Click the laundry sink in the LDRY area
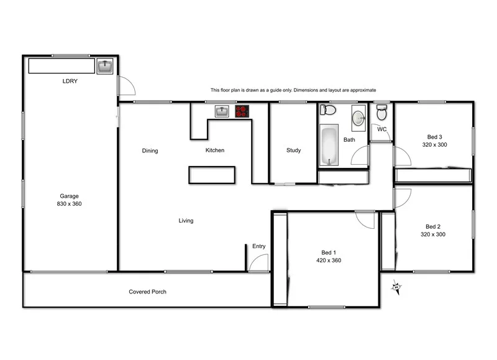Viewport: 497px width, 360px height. [104, 65]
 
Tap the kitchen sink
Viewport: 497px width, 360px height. [222, 111]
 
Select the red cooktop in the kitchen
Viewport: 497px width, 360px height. [242, 111]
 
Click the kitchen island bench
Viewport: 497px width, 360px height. [212, 175]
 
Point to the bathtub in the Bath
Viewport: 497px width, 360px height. [328, 145]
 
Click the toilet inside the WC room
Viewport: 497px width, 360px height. [381, 113]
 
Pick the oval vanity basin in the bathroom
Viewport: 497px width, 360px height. [358, 117]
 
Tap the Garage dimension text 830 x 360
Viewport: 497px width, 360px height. [70, 204]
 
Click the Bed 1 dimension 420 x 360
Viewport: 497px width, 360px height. [328, 261]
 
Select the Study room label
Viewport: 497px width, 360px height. [293, 150]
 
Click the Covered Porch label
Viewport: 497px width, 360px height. [147, 292]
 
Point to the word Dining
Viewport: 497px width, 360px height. [150, 150]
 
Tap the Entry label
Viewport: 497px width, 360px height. [259, 246]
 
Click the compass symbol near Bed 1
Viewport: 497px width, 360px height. [396, 287]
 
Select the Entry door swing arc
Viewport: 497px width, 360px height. [258, 264]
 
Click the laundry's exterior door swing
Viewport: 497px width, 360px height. [126, 86]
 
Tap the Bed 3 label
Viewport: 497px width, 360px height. [434, 137]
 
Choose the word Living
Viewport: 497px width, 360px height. [186, 221]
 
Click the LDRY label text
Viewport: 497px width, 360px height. [70, 81]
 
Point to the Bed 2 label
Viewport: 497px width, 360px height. [433, 226]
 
